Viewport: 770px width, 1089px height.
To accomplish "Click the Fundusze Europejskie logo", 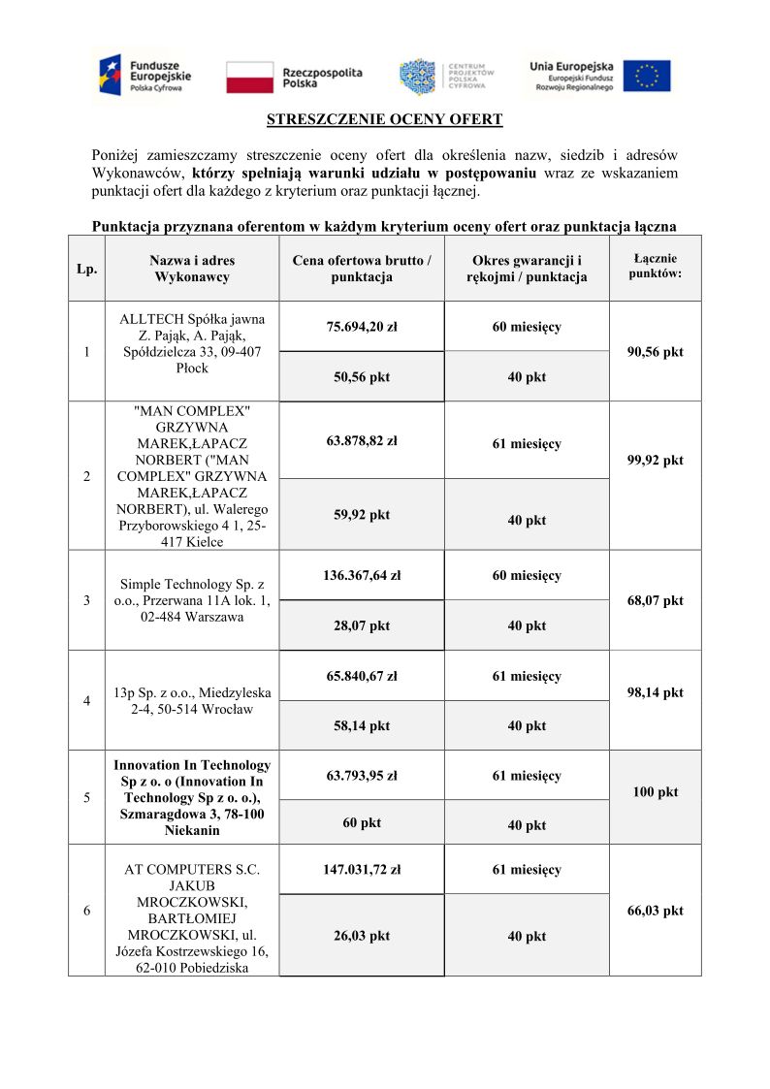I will click(144, 75).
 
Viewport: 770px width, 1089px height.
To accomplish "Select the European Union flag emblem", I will click(646, 77).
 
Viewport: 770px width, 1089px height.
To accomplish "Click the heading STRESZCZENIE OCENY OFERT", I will click(385, 120).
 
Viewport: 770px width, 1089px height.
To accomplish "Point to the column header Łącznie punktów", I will click(655, 266).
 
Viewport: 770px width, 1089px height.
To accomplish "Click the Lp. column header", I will click(86, 269).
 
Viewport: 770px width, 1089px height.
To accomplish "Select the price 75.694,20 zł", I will click(362, 327).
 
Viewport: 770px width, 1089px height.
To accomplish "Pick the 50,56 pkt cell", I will click(362, 377).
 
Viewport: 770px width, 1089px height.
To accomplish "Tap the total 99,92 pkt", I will click(655, 461).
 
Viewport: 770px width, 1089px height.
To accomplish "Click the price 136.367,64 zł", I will click(362, 576).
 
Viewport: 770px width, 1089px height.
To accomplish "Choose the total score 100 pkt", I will click(655, 792).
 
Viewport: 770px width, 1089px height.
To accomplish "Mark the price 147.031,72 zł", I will click(362, 870).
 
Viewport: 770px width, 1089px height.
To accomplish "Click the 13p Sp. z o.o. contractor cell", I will click(192, 700).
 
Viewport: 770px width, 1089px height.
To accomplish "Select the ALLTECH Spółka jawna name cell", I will click(192, 343).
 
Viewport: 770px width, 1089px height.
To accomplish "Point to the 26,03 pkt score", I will click(362, 936).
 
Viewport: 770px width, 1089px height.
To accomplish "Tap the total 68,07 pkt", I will click(655, 601).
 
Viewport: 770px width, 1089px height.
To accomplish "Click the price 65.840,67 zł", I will click(362, 677).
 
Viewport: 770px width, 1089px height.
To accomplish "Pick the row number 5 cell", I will click(87, 798).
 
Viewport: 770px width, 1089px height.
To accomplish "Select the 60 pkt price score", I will click(362, 823).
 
